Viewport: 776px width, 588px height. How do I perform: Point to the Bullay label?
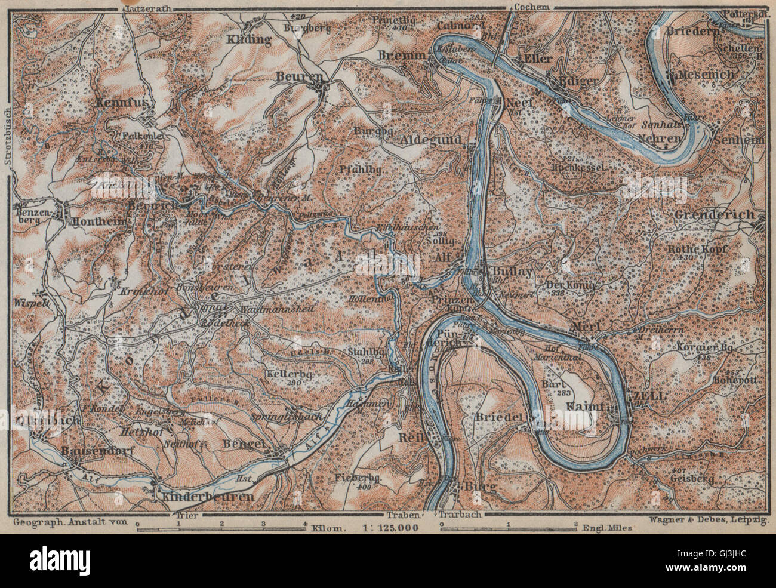508,270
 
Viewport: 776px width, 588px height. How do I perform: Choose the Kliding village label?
249,39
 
